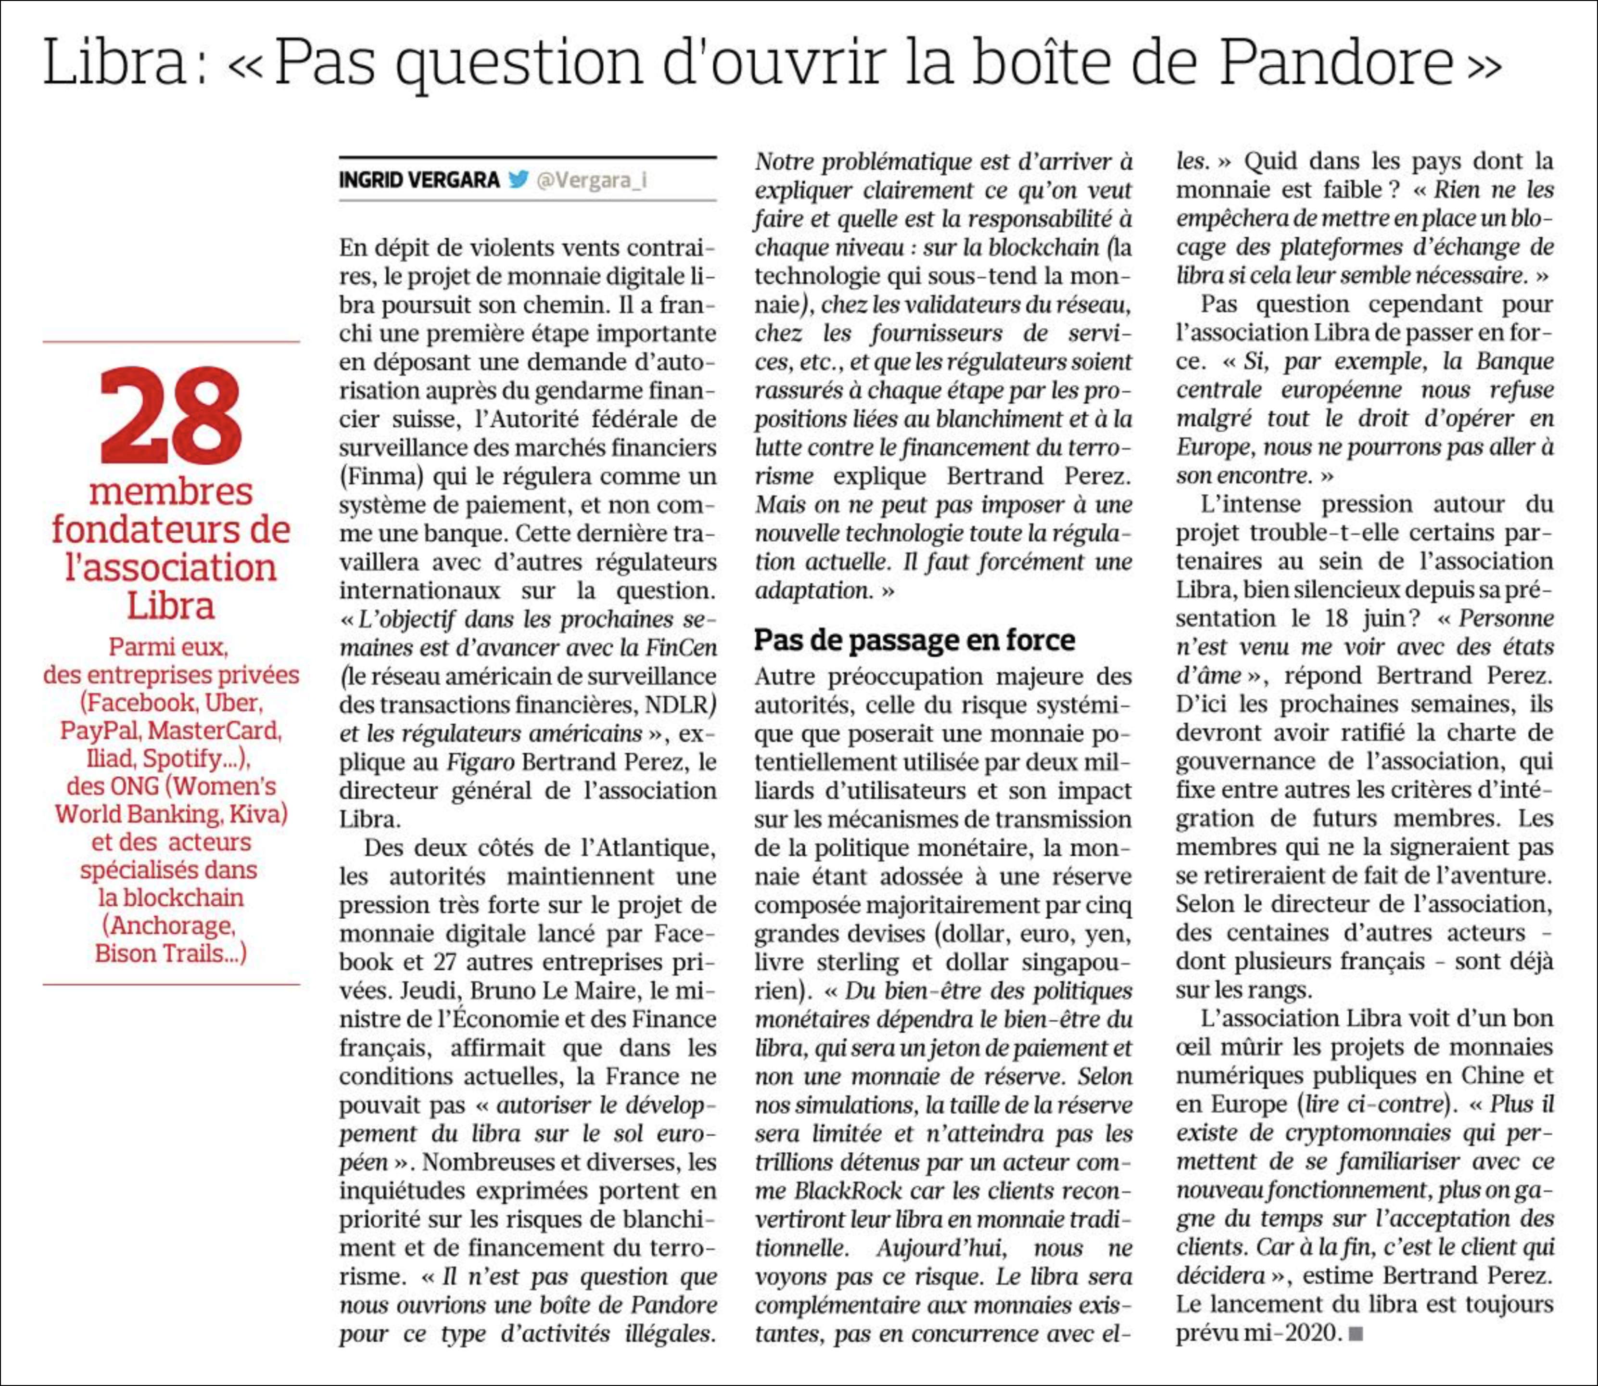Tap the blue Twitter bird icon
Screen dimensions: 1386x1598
point(518,180)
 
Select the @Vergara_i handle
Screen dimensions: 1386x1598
point(591,180)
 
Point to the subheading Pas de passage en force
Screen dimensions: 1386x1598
point(914,640)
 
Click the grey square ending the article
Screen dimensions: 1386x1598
point(1355,1334)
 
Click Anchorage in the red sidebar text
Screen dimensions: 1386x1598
point(168,926)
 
